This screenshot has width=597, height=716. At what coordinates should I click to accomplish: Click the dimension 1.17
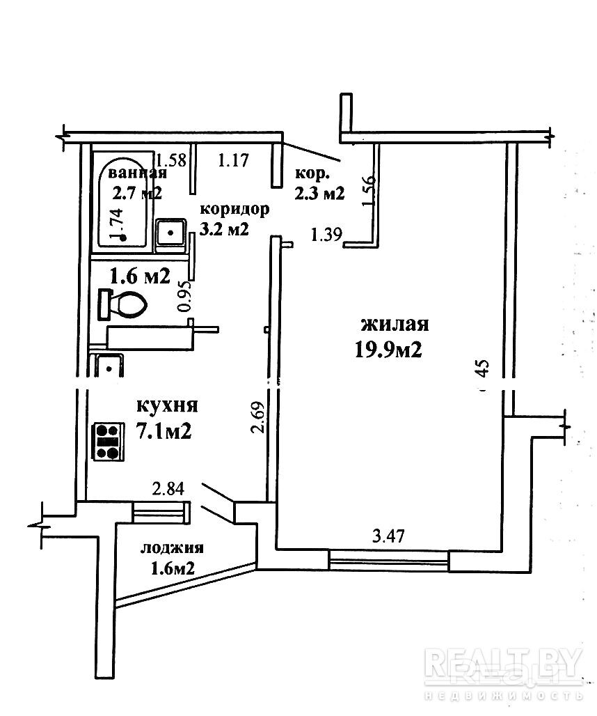[x=233, y=162]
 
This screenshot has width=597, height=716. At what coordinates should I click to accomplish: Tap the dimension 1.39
[x=326, y=235]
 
